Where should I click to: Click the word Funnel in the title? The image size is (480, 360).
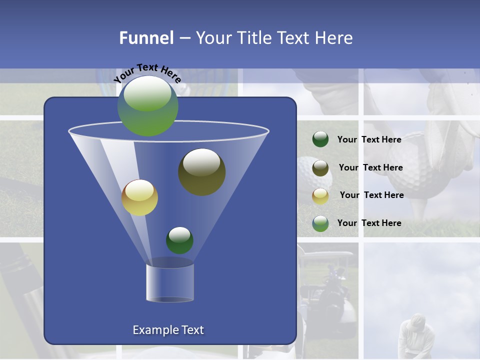146,38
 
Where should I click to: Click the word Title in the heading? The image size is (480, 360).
254,38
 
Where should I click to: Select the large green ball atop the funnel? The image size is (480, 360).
148,106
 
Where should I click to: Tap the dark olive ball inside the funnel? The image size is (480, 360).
201,171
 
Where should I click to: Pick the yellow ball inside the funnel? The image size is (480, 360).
139,197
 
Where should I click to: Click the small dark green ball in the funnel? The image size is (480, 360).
179,240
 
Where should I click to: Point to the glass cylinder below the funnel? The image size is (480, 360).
170,282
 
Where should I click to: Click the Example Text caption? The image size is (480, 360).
168,330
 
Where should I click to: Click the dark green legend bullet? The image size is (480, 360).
320,139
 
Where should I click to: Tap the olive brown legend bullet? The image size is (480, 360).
320,167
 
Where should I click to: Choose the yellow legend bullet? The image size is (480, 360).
320,195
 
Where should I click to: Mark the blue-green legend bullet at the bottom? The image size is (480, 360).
320,223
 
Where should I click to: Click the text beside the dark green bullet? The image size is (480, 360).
369,139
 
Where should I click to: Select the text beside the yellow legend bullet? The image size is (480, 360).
371,195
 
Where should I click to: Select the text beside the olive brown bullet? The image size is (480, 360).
370,167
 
